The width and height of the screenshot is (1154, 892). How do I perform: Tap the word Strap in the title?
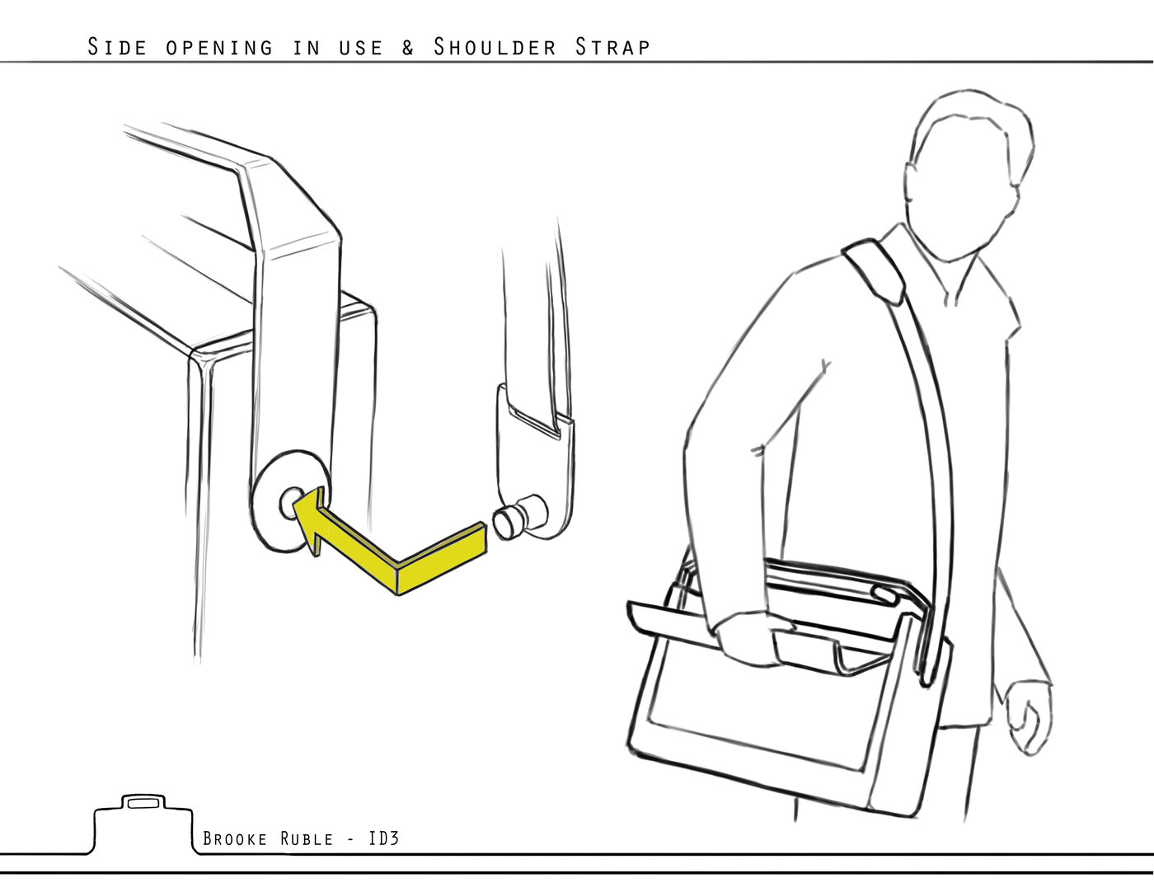click(612, 47)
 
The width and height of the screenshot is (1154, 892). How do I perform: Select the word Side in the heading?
click(117, 47)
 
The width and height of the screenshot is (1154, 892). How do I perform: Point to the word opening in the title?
click(219, 48)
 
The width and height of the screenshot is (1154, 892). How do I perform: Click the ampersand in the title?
click(408, 48)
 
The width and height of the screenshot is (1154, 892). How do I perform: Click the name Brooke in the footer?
click(235, 838)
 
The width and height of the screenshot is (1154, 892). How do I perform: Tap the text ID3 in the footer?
click(383, 838)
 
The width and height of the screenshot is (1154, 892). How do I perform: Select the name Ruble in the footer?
click(307, 838)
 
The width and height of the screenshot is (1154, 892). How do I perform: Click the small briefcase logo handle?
click(143, 801)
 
